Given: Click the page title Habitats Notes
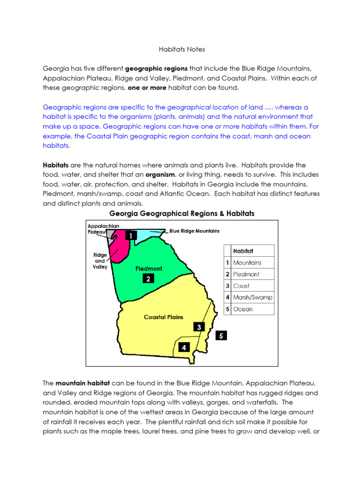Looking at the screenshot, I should click(182, 48).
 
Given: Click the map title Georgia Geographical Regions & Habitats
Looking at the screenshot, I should click(182, 214).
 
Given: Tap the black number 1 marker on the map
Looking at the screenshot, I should click(131, 235).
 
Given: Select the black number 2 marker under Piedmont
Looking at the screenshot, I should click(148, 279).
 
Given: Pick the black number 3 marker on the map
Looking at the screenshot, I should click(199, 327).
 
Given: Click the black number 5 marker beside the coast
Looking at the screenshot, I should click(221, 336).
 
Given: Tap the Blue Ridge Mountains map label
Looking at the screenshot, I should click(194, 231).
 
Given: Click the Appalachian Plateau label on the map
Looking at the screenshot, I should click(103, 229).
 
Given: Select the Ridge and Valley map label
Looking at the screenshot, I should click(100, 261).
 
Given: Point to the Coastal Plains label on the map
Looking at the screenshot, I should click(164, 317).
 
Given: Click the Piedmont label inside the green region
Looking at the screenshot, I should click(149, 269).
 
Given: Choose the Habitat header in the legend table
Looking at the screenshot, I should click(243, 251).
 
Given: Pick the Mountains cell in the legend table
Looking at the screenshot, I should click(247, 262).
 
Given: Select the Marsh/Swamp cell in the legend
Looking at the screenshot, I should click(253, 298).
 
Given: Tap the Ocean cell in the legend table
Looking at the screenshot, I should click(243, 309).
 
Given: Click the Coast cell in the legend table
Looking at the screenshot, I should click(241, 286).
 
